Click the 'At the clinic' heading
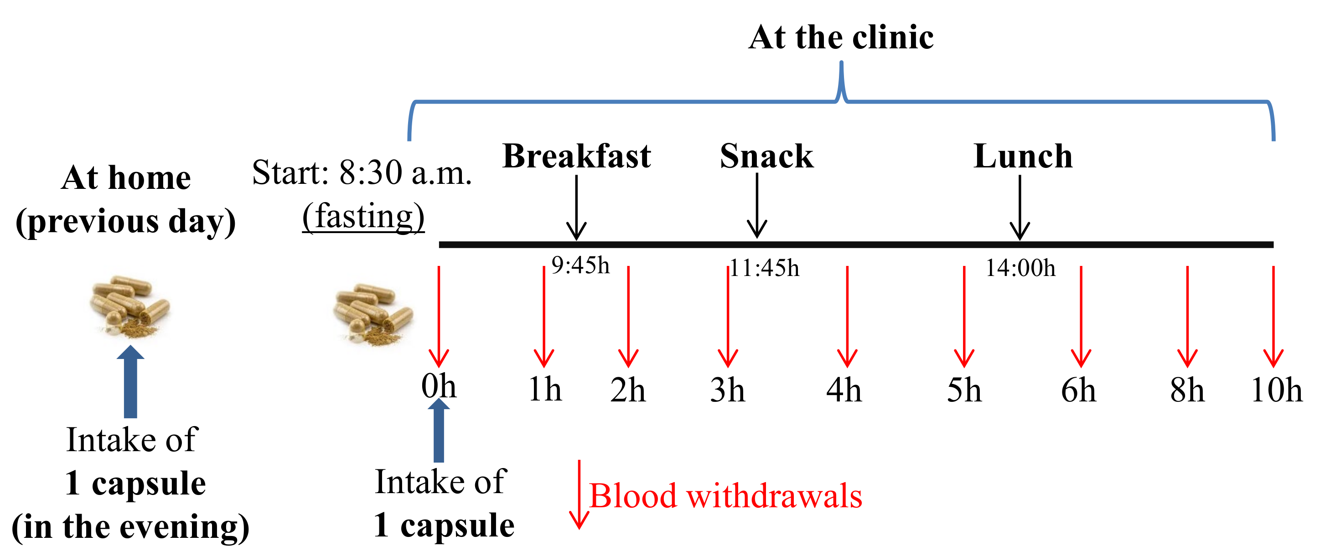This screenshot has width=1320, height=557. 841,37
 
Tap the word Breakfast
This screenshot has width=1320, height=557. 576,156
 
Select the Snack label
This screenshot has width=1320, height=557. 766,156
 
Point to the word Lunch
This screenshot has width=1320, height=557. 1023,156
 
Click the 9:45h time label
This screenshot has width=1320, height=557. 580,265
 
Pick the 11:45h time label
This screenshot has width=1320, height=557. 764,268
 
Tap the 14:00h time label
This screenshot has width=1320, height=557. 1021,268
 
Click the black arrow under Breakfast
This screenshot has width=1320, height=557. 576,208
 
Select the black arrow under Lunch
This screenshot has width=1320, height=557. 1020,208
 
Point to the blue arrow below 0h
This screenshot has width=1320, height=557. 439,431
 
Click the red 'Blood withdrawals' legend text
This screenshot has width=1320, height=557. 725,496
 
